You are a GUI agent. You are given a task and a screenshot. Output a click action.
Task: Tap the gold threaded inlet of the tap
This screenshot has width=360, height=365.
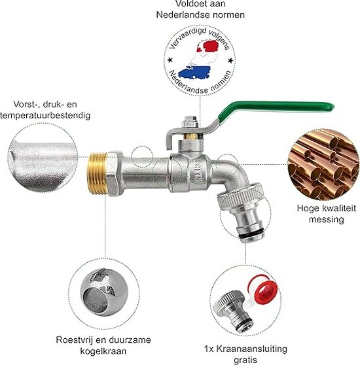click(97, 173)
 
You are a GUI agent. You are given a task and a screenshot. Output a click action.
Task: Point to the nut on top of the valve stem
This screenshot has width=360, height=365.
click(190, 122)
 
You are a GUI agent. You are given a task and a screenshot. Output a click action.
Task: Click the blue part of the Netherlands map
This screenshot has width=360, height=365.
click(194, 72)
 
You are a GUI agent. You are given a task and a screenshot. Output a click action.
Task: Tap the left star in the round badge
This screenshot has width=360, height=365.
click(170, 60)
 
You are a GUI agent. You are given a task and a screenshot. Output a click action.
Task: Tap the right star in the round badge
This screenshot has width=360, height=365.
click(230, 61)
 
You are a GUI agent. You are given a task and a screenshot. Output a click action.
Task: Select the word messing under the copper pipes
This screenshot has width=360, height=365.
click(326, 220)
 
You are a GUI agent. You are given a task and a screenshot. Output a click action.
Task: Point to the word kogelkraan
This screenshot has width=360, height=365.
click(103, 351)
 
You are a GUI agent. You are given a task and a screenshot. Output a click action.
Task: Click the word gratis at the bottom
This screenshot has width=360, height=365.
click(245, 360)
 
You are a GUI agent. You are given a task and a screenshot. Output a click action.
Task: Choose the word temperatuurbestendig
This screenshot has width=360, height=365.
click(45, 115)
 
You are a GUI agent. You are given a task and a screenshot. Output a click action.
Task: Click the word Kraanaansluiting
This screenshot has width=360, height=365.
click(252, 349)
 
